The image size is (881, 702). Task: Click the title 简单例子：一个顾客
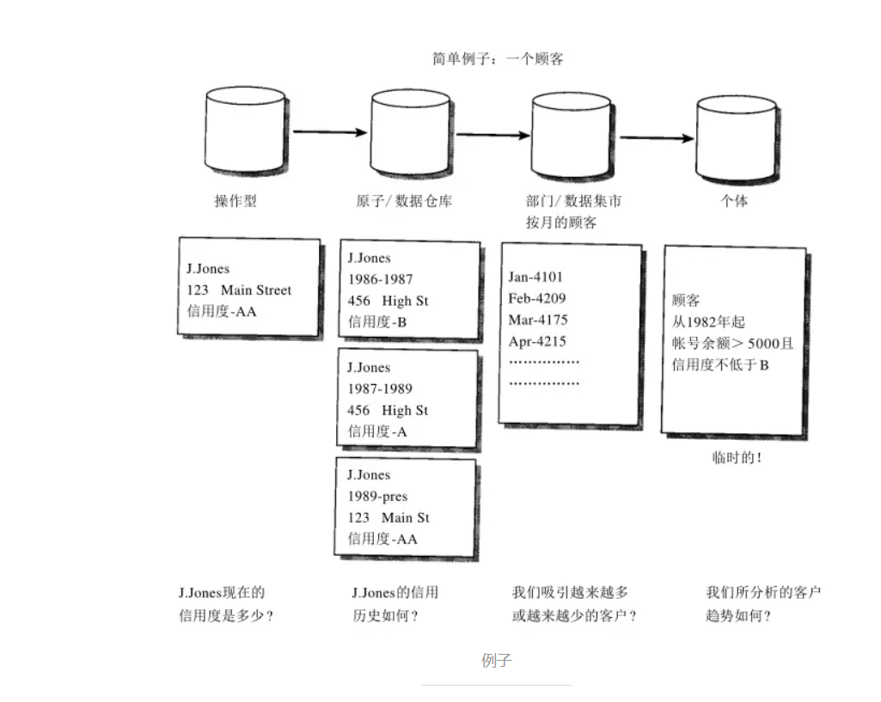pyautogui.click(x=498, y=59)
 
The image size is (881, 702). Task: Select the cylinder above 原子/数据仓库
pyautogui.click(x=410, y=133)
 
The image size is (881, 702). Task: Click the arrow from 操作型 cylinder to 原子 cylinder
pyautogui.click(x=330, y=132)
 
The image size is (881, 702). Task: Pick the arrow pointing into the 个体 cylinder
pyautogui.click(x=657, y=137)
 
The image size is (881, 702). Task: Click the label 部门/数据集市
pyautogui.click(x=573, y=201)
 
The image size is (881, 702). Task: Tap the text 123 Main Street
pyautogui.click(x=239, y=290)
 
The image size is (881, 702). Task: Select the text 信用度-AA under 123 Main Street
pyautogui.click(x=222, y=311)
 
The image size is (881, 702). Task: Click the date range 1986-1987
pyautogui.click(x=380, y=279)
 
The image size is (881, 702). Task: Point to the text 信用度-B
pyautogui.click(x=377, y=322)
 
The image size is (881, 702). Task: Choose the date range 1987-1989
pyautogui.click(x=380, y=388)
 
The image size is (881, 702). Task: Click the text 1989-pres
pyautogui.click(x=377, y=497)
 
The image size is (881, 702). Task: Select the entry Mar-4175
pyautogui.click(x=538, y=320)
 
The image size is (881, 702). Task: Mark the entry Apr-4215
pyautogui.click(x=537, y=341)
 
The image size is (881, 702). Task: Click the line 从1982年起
pyautogui.click(x=708, y=322)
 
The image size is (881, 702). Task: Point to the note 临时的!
pyautogui.click(x=737, y=458)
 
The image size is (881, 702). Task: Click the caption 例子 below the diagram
pyautogui.click(x=497, y=661)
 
